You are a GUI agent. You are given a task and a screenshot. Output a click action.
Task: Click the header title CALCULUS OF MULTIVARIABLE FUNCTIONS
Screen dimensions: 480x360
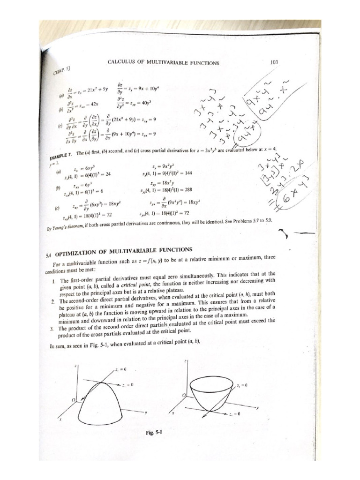163,62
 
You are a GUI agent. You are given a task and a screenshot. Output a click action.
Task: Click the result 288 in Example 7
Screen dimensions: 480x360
184,191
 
